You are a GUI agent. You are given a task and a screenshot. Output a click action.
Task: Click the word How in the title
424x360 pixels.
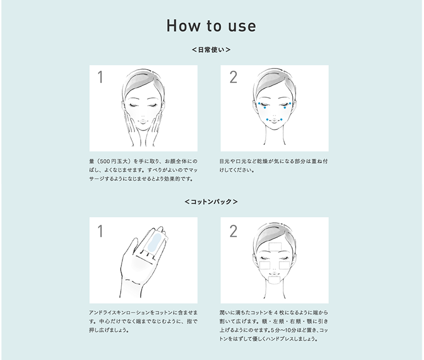point(184,25)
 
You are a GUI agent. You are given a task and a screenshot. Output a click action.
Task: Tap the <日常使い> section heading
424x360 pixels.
point(211,50)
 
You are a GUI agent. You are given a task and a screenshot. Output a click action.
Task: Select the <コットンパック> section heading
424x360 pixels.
point(211,202)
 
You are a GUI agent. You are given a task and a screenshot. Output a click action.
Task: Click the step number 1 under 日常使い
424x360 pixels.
point(100,77)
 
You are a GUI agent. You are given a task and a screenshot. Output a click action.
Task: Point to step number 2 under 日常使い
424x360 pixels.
point(234,77)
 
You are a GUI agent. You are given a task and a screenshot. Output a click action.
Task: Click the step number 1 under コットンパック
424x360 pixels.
point(100,232)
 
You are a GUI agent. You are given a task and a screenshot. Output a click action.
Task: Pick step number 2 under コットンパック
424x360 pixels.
point(234,232)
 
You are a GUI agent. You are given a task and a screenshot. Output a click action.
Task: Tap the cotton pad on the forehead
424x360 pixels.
point(276,247)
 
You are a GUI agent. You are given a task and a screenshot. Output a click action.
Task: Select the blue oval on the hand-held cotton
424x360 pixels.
point(154,242)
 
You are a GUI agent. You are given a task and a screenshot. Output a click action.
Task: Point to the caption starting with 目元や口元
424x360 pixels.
point(273,165)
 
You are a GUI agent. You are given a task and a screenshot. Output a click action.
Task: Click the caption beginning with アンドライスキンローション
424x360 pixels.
point(143,321)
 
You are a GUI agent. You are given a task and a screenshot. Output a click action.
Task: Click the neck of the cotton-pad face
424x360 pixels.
point(275,290)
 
